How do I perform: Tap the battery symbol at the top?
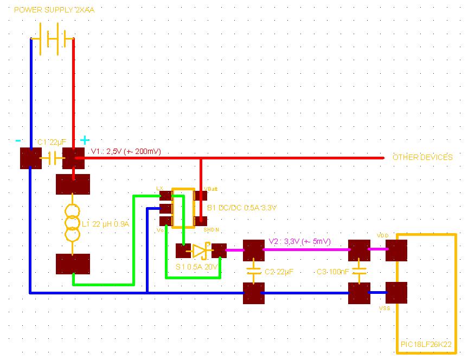coord(52,39)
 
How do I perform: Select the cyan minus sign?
coord(18,140)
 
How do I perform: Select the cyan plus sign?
coord(85,140)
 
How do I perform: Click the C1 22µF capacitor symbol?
coord(53,158)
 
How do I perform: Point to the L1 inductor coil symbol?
coord(73,223)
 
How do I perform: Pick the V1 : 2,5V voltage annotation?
coord(126,151)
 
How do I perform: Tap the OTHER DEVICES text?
coord(422,157)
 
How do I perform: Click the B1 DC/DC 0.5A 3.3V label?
coord(242,208)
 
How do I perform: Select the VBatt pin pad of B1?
coord(200,195)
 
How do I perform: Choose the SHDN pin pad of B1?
coord(200,221)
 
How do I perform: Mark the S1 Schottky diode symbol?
coord(201,250)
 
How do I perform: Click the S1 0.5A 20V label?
coord(197,267)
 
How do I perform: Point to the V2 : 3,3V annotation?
coord(299,242)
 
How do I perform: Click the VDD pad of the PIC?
coord(396,250)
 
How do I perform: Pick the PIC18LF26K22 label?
coord(426,345)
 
